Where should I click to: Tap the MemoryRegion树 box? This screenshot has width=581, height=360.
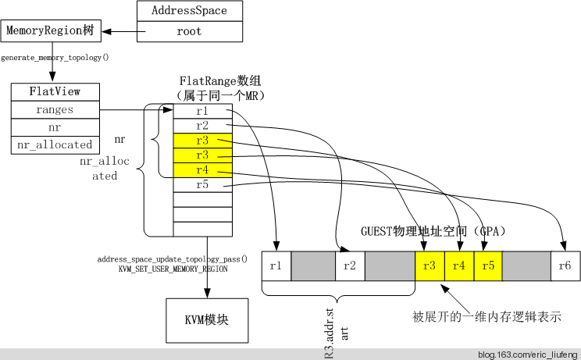click(x=51, y=32)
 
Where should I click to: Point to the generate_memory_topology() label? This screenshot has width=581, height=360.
click(x=55, y=58)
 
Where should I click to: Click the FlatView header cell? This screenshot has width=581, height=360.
click(x=55, y=91)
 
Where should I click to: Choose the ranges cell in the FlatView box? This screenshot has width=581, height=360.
click(x=55, y=110)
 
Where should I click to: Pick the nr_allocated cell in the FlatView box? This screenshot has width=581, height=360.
click(x=55, y=144)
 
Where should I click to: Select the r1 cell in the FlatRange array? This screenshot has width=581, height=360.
click(x=203, y=112)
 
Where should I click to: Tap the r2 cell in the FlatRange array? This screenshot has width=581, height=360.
click(x=203, y=126)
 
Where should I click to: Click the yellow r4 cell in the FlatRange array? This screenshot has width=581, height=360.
click(x=203, y=170)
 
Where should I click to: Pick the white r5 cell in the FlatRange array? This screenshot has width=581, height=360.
click(x=203, y=185)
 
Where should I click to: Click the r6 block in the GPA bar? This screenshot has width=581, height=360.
click(x=565, y=266)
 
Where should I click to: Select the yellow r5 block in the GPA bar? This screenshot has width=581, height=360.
click(x=488, y=266)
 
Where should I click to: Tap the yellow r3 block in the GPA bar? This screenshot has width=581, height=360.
click(x=430, y=266)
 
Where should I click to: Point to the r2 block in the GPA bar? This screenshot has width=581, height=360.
click(x=350, y=266)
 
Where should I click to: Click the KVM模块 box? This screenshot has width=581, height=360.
click(x=206, y=320)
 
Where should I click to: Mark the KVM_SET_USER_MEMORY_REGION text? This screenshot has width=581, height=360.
click(x=173, y=269)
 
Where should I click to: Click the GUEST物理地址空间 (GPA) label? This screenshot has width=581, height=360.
click(x=433, y=231)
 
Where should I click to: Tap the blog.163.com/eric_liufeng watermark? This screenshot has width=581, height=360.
click(x=527, y=355)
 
